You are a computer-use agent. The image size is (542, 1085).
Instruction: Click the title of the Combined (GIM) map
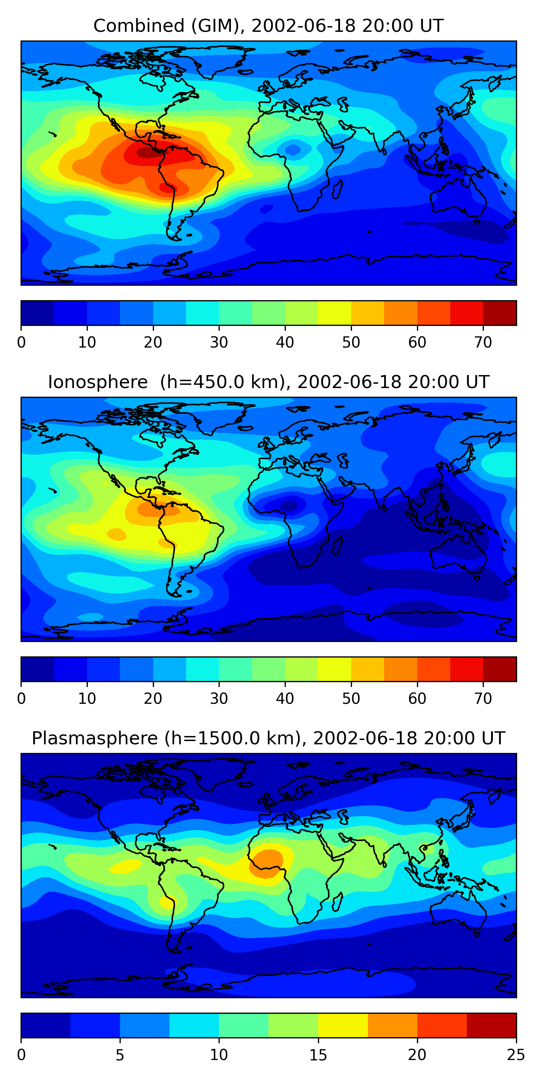268,26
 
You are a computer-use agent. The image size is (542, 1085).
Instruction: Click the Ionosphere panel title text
268,382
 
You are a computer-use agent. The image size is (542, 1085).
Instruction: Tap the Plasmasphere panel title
268,739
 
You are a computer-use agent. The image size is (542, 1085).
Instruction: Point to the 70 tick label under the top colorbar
483,342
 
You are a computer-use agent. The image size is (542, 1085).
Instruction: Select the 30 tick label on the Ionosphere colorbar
219,699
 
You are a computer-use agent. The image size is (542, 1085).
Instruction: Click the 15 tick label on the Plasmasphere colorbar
318,1055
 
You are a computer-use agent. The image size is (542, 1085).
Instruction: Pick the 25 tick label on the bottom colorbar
516,1055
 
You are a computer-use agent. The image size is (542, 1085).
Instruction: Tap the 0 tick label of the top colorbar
21,342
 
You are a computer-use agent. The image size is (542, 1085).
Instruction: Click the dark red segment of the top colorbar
499,313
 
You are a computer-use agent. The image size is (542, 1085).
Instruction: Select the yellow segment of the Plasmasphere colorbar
343,1025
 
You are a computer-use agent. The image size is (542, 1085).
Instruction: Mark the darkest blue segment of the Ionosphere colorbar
38,669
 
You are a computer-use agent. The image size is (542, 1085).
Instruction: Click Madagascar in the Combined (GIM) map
337,189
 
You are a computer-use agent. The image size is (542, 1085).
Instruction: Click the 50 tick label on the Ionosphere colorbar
351,699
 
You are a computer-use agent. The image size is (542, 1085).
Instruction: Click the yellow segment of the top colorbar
335,313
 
